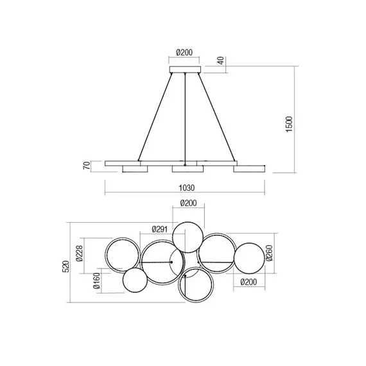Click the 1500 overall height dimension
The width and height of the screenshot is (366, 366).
point(290,120)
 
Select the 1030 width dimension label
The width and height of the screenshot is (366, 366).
point(185,189)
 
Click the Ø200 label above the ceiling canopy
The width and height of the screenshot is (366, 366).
point(185,54)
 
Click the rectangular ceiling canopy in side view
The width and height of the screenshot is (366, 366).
point(185,69)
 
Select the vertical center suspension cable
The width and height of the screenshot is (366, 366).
point(185,119)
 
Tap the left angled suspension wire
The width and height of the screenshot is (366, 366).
point(155,119)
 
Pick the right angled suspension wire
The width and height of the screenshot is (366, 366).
point(215,119)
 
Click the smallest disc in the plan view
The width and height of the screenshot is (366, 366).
point(135,281)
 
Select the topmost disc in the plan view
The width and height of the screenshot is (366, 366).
point(187,236)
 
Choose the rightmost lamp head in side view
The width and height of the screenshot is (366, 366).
point(249,169)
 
